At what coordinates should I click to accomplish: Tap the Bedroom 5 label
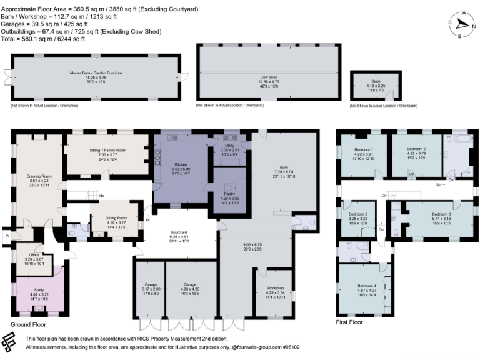pos(357,214)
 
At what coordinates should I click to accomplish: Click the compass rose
pos(462,23)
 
